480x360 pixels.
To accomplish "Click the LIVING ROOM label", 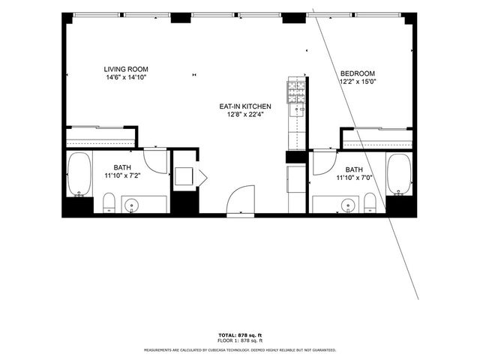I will [x=125, y=70].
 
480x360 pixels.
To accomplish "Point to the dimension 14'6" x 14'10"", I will [x=125, y=77].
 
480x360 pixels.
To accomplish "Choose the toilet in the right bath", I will [x=370, y=202].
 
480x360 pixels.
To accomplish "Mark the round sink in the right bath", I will [x=348, y=204].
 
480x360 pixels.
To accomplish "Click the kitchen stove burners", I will [x=297, y=92].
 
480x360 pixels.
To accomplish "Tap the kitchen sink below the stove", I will [x=297, y=112].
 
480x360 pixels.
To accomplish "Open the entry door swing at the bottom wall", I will [x=240, y=201].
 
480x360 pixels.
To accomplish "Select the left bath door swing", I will [x=156, y=159].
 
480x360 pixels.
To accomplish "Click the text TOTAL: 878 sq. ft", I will [x=239, y=334].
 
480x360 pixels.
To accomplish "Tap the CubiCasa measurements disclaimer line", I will [x=239, y=349].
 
